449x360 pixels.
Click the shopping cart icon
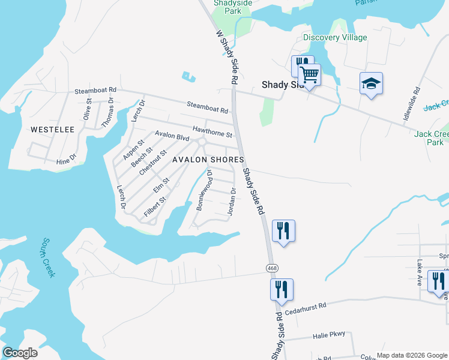pyautogui.click(x=310, y=76)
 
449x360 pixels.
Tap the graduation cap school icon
pyautogui.click(x=371, y=84)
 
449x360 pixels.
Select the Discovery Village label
pyautogui.click(x=335, y=37)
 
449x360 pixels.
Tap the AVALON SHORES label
pyautogui.click(x=208, y=160)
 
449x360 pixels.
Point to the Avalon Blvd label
pyautogui.click(x=172, y=136)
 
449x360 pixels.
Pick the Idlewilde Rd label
pyautogui.click(x=411, y=104)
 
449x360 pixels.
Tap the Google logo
pyautogui.click(x=20, y=353)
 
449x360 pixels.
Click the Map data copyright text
pyautogui.click(x=412, y=355)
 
